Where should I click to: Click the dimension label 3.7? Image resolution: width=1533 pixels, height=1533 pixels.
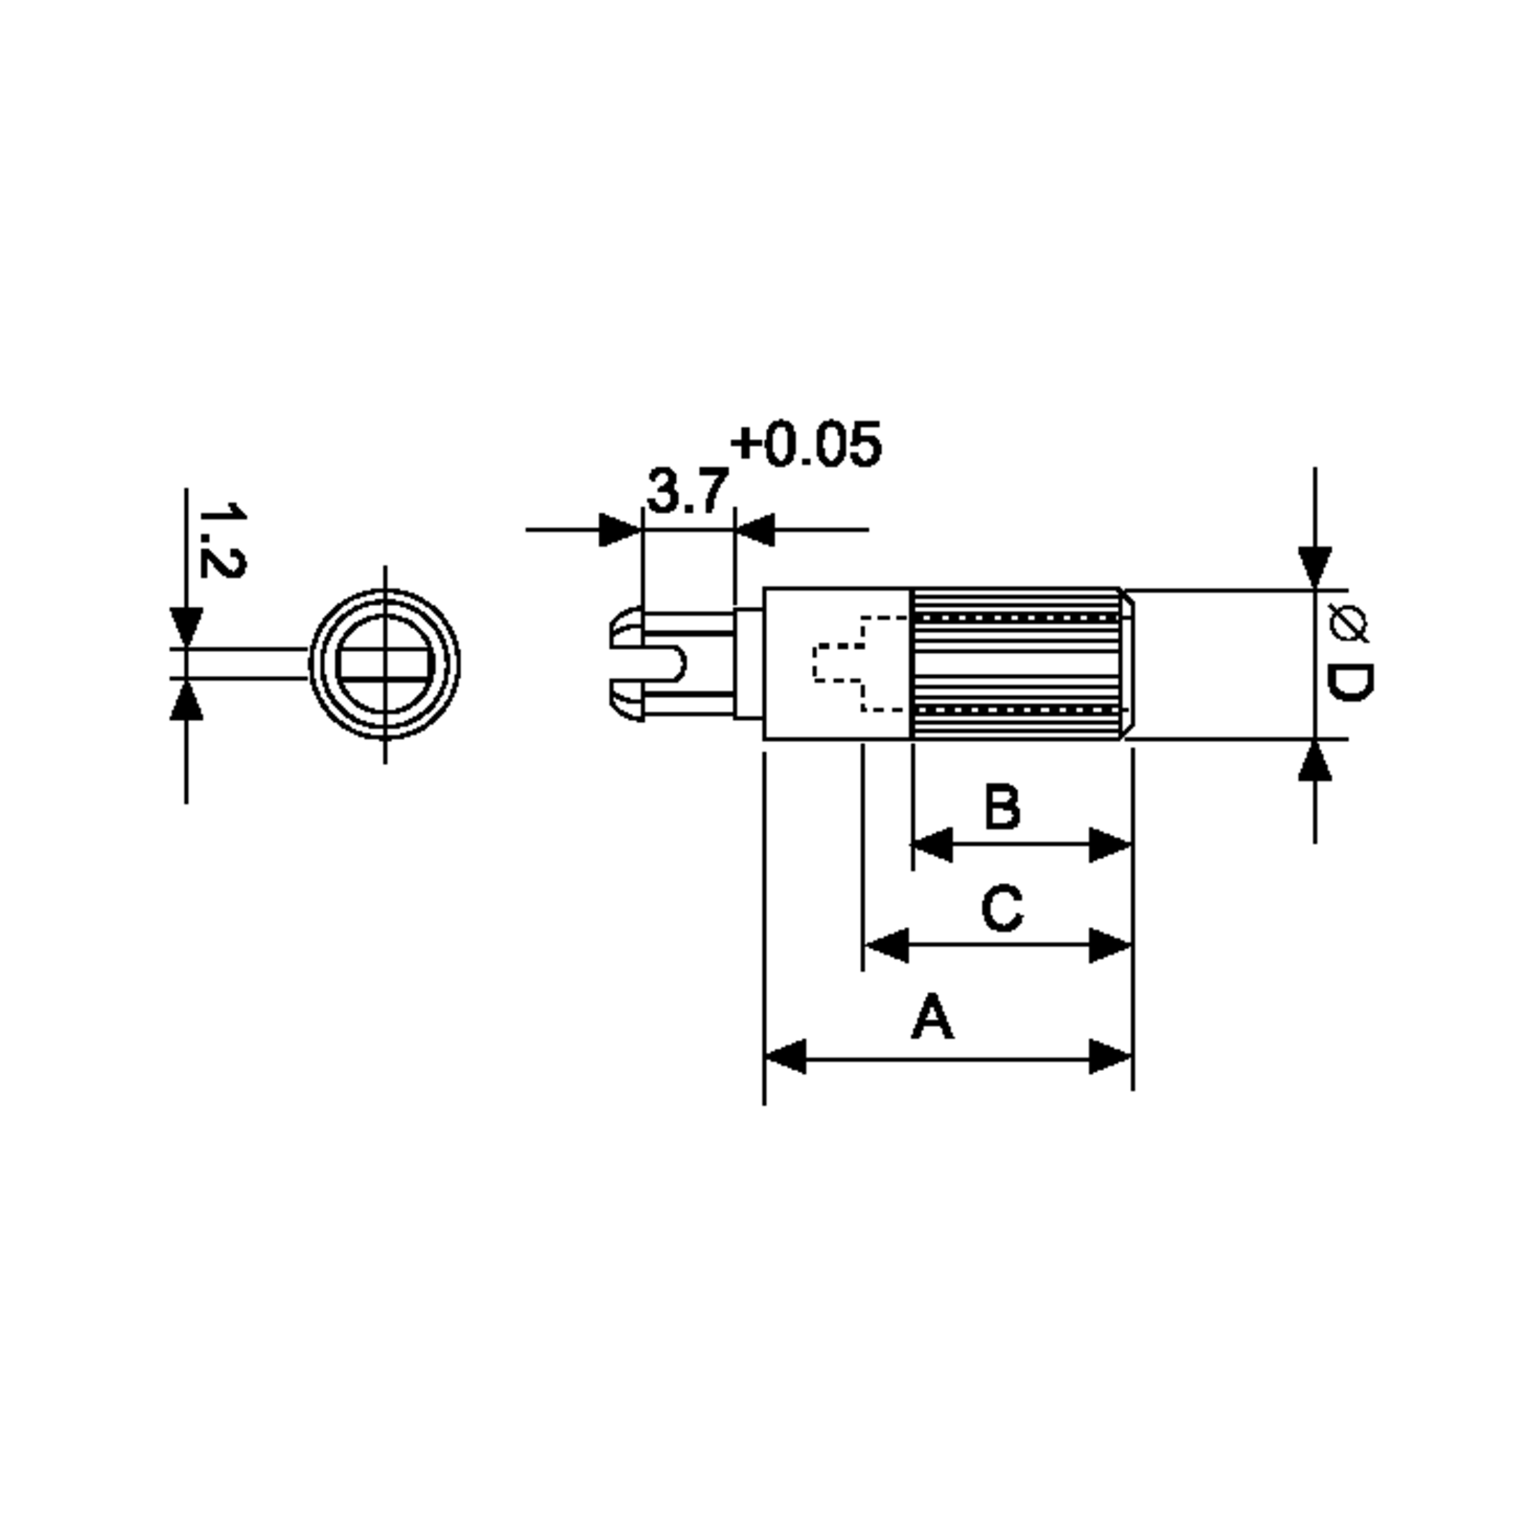(x=687, y=492)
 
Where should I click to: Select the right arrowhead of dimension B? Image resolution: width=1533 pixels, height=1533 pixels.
(x=1110, y=844)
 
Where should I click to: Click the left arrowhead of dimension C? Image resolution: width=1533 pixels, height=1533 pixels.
(x=885, y=945)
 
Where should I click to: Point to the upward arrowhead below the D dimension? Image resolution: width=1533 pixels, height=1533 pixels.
(x=1315, y=760)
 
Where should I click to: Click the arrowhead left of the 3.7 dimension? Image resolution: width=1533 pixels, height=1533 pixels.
(x=619, y=530)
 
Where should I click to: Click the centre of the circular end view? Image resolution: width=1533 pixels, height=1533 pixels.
(x=385, y=664)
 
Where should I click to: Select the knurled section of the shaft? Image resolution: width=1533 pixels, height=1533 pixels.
(x=1016, y=664)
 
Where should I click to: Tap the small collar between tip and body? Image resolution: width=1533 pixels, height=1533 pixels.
(x=748, y=664)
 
